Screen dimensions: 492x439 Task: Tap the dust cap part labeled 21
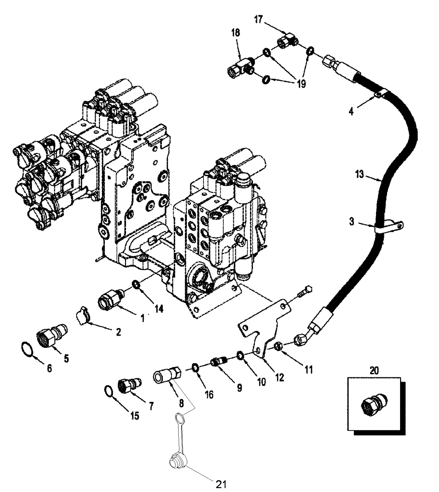175,461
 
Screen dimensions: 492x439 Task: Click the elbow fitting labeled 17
287,42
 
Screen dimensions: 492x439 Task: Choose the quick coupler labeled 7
128,385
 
